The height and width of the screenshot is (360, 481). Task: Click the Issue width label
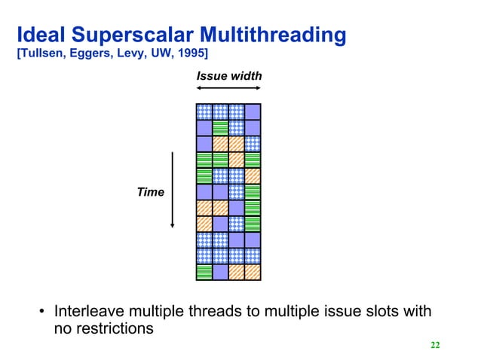pyautogui.click(x=228, y=76)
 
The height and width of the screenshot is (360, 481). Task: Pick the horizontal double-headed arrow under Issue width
pyautogui.click(x=228, y=88)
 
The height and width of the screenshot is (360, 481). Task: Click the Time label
pyautogui.click(x=150, y=193)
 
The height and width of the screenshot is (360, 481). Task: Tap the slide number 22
pyautogui.click(x=434, y=345)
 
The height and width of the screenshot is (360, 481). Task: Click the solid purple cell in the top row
pyautogui.click(x=253, y=112)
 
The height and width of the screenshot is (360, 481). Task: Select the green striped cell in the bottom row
pyautogui.click(x=204, y=272)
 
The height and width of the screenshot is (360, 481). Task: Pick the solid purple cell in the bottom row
pyautogui.click(x=219, y=272)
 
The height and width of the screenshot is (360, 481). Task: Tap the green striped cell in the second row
pyautogui.click(x=219, y=128)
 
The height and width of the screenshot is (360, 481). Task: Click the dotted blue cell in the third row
pyautogui.click(x=253, y=144)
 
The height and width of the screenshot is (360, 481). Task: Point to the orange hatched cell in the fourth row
pyautogui.click(x=236, y=160)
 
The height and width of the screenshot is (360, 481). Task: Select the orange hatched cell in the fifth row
pyautogui.click(x=253, y=175)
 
